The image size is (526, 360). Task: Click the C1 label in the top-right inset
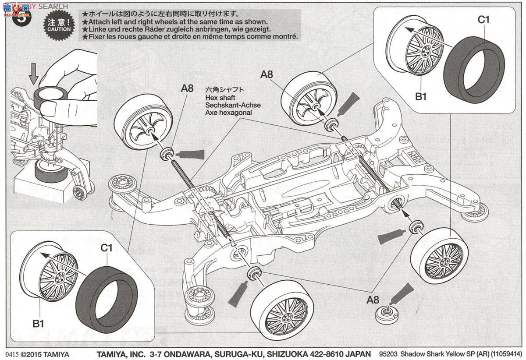(x=483, y=19)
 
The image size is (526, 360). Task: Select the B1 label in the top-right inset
(x=421, y=97)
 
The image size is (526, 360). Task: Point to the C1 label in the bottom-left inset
(x=107, y=248)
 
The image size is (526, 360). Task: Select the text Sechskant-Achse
(x=227, y=105)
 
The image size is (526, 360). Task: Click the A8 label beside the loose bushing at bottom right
(x=373, y=300)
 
